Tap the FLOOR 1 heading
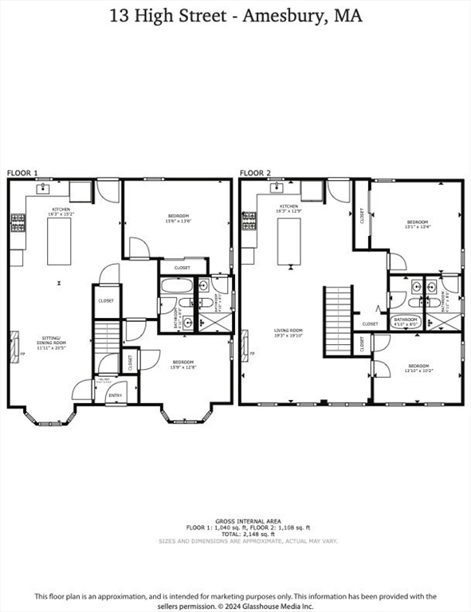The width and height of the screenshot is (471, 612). pyautogui.click(x=22, y=173)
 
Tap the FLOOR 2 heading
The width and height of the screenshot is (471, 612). pyautogui.click(x=255, y=173)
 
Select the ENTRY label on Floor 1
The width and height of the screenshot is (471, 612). pyautogui.click(x=115, y=395)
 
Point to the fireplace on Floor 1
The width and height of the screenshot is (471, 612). pyautogui.click(x=12, y=346)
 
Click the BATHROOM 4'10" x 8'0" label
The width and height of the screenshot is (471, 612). pyautogui.click(x=406, y=322)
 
